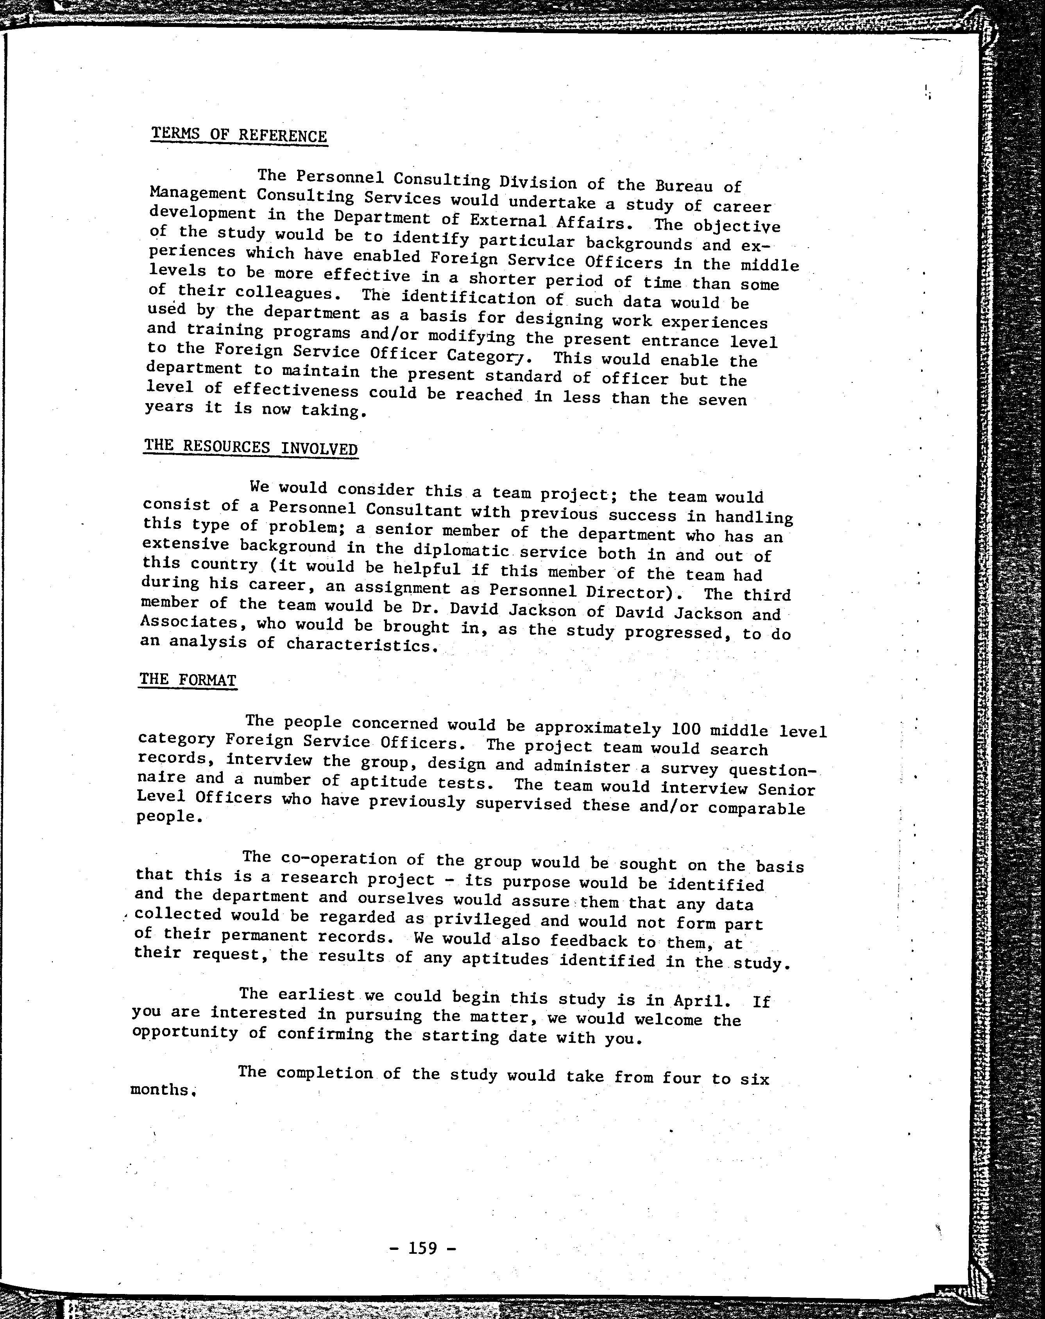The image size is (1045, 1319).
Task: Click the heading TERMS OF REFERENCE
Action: coord(239,134)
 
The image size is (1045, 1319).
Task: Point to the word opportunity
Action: coord(185,1033)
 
